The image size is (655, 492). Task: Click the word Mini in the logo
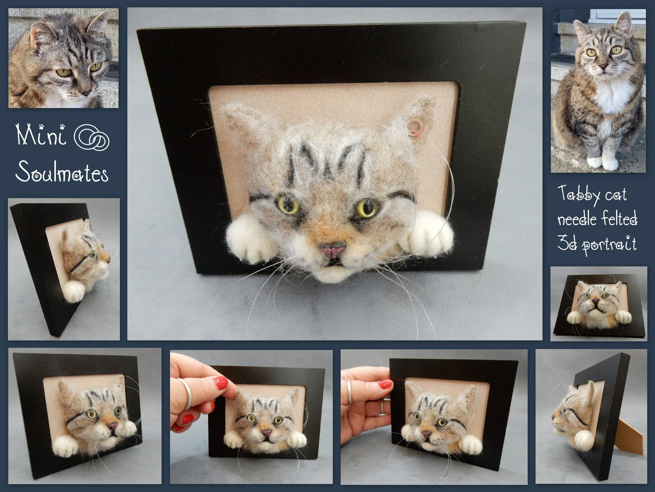41,135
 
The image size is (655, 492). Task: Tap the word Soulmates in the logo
62,172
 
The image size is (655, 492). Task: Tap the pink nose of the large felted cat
332,250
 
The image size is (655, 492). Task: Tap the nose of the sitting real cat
603,66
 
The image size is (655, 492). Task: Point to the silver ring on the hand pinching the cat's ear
186,394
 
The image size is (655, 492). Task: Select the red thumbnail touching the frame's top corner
385,384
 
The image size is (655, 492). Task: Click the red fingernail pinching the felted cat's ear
220,383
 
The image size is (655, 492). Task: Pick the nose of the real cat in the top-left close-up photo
86,93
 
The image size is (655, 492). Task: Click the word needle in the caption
577,220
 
